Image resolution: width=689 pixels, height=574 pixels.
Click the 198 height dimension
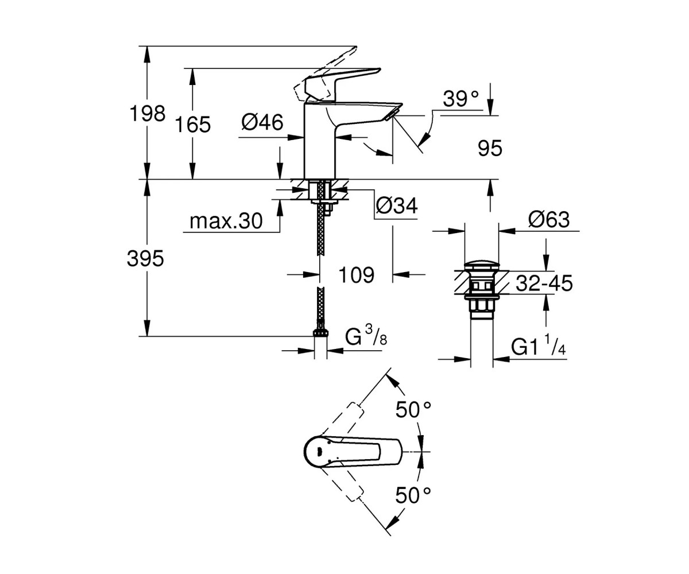tap(148, 114)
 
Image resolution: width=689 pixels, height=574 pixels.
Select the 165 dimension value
tap(193, 125)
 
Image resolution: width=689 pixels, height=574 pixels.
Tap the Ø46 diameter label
tap(262, 122)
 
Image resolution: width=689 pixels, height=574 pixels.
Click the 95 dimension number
tap(490, 148)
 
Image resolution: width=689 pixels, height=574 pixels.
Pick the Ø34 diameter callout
tap(397, 206)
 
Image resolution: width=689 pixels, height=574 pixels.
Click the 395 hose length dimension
tap(145, 258)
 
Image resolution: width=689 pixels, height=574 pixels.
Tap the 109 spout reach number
tap(357, 275)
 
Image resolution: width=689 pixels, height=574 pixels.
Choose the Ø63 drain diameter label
tap(549, 219)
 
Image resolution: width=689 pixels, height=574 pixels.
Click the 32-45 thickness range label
tap(544, 283)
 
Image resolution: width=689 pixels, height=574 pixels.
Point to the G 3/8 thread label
tap(366, 335)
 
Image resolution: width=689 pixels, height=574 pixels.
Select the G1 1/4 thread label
tap(539, 345)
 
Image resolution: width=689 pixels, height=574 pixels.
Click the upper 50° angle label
tap(413, 410)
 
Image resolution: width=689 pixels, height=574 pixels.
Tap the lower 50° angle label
tap(413, 505)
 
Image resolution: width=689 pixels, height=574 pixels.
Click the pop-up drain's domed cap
tap(482, 266)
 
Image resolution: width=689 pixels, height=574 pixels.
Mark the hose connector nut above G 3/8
tap(320, 332)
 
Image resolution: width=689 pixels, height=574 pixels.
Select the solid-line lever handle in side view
tap(343, 85)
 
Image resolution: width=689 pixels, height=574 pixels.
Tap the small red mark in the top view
tap(319, 451)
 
